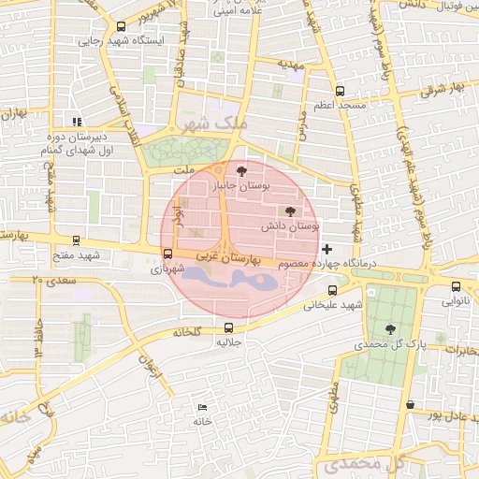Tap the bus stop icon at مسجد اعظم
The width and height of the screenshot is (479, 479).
coord(339,92)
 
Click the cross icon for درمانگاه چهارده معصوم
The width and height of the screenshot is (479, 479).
coord(327,249)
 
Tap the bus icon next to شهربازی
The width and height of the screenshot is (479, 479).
coord(167,253)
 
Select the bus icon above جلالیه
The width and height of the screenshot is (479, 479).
coord(229,327)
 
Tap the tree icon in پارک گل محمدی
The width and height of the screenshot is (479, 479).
coord(390,328)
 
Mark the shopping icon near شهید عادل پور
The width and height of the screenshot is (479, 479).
coord(411,404)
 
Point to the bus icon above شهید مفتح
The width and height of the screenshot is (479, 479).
coord(76,240)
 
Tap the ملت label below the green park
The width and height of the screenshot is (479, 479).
coord(184,170)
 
